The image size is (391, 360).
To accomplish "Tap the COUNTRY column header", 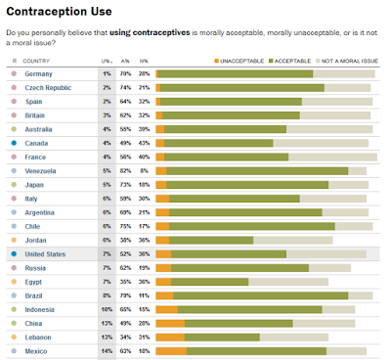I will tap(38, 61).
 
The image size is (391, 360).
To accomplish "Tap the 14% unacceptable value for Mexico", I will tap(106, 350).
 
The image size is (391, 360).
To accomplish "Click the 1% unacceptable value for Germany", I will tap(107, 73).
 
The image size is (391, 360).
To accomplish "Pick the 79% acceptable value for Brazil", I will tap(125, 294).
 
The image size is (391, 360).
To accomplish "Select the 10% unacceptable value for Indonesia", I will tap(106, 308).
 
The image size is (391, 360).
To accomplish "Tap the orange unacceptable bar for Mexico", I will tap(171, 350).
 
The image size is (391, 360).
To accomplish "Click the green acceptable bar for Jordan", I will tap(211, 240).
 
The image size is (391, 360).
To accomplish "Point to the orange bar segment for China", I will tap(169, 323).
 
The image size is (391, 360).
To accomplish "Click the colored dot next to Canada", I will tap(14, 143).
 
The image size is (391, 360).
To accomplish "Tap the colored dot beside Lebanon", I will tap(14, 337).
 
